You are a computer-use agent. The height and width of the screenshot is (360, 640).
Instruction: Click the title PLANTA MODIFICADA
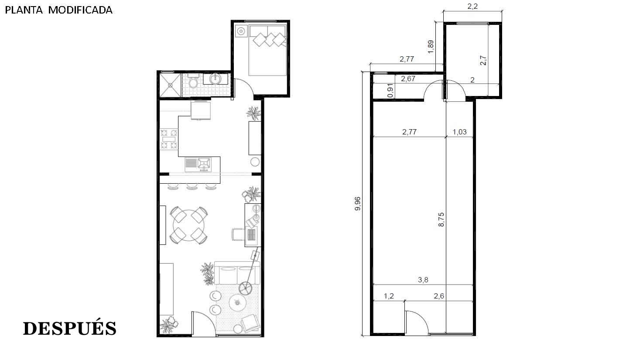59,10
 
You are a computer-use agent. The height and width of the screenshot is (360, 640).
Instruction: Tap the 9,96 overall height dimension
357,204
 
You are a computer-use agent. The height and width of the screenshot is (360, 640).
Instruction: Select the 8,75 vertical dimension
441,219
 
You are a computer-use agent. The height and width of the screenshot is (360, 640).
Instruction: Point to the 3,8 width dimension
423,280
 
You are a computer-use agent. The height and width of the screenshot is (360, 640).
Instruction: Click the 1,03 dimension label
459,132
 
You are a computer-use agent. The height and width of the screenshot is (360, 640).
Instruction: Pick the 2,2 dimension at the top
472,7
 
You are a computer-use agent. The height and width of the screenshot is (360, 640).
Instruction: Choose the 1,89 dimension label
431,47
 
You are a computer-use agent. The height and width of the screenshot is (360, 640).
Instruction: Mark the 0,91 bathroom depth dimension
390,91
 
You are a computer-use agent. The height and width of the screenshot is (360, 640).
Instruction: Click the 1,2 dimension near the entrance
389,296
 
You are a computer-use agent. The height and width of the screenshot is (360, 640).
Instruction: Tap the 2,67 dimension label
408,79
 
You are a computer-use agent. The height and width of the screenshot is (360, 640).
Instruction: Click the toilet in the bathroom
194,81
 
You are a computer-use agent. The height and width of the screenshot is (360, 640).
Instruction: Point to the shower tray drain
170,85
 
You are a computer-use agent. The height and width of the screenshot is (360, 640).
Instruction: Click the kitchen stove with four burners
169,139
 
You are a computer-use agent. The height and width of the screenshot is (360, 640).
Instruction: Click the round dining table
188,226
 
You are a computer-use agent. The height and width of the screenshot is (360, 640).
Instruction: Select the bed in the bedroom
267,50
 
